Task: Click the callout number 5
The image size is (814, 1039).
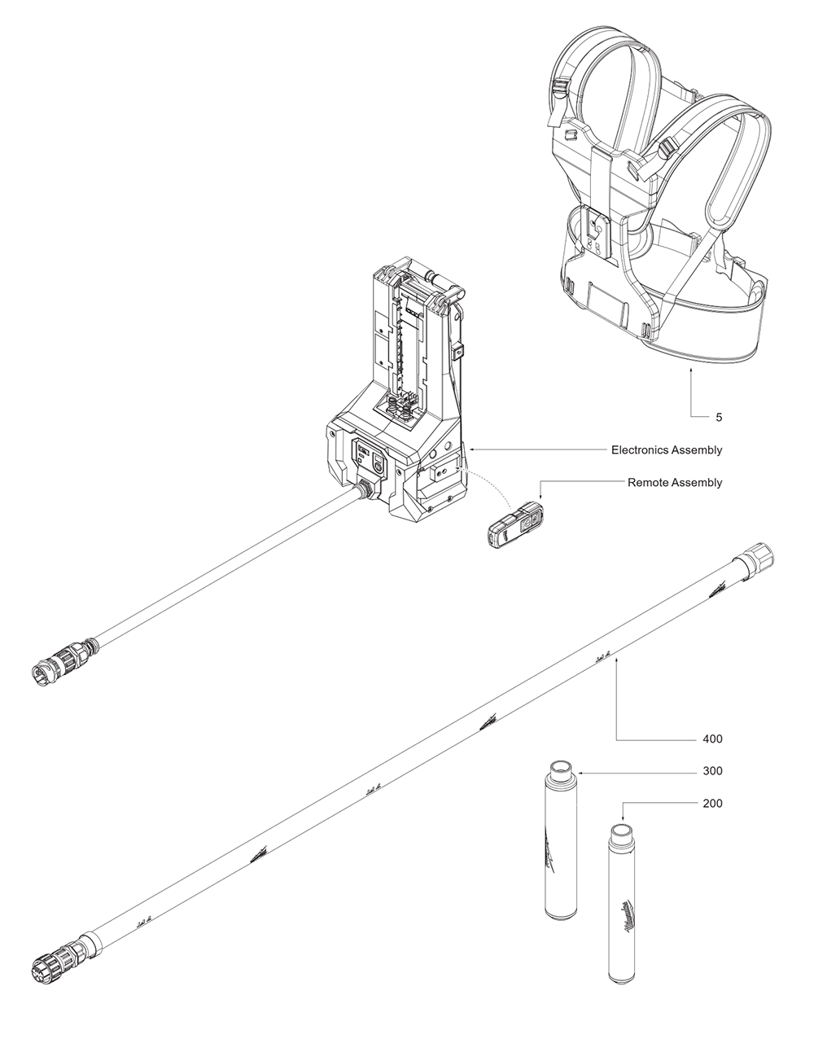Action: [x=718, y=417]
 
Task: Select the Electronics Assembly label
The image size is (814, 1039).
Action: [x=666, y=449]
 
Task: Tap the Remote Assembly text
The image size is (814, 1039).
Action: [x=674, y=482]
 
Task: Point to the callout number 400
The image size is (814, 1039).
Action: [x=711, y=739]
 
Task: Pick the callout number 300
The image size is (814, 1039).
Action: [x=711, y=770]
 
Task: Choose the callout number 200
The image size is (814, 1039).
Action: [x=711, y=803]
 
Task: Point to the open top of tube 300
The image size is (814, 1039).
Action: [x=561, y=769]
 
